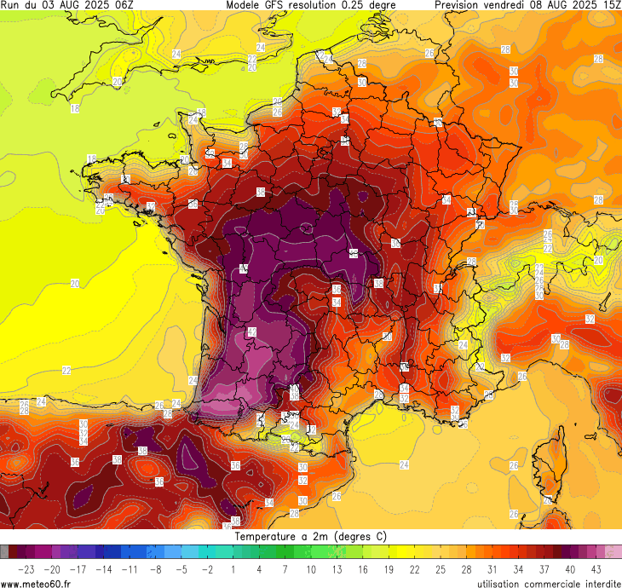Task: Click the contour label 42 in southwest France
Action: tap(252, 331)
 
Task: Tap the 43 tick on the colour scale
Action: tap(596, 568)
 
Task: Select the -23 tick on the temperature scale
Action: tap(26, 568)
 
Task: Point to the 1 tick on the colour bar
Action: tap(233, 568)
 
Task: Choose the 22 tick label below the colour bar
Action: tap(415, 568)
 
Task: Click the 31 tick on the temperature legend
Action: tap(492, 568)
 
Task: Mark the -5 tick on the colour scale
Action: tap(181, 568)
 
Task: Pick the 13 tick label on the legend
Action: tap(337, 568)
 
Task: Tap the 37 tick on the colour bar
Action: tap(544, 568)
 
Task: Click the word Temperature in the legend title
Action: tap(268, 537)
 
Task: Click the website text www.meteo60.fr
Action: tap(36, 583)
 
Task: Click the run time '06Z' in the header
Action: tap(123, 5)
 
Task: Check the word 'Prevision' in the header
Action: tap(460, 5)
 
